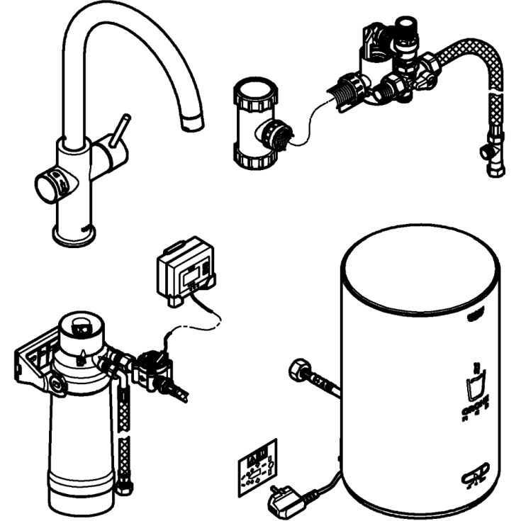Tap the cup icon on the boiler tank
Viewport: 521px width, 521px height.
click(474, 386)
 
